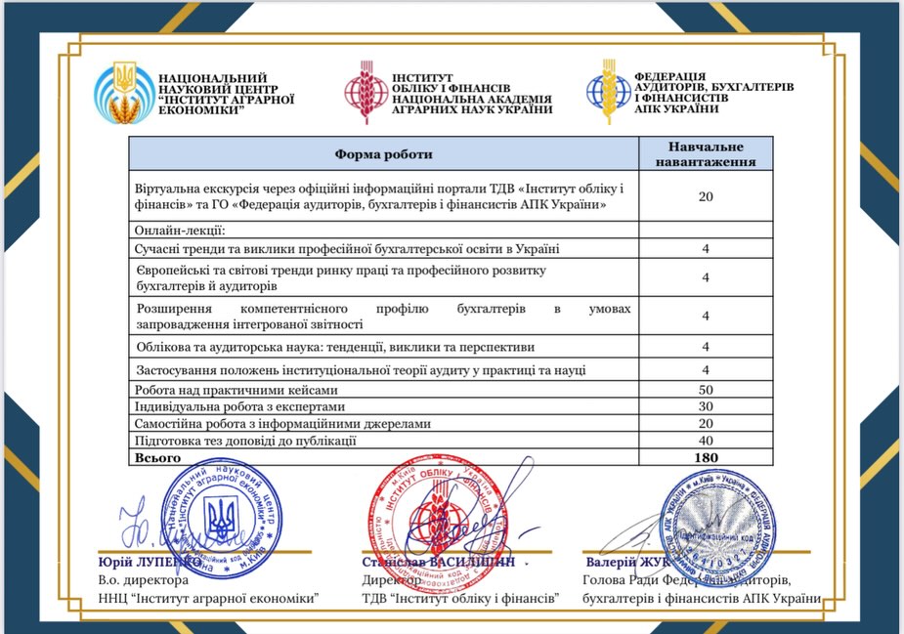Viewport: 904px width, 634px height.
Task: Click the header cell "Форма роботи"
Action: click(383, 154)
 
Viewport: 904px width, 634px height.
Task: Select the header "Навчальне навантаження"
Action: click(705, 153)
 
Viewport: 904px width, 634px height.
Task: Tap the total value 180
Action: click(705, 457)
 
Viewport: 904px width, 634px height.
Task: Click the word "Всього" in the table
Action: click(155, 457)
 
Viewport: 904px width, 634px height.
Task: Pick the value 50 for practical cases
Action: click(705, 390)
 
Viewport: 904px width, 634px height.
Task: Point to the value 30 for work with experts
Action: click(705, 406)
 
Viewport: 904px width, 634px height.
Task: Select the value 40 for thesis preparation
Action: click(705, 441)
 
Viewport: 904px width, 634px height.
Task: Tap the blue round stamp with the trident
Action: click(222, 517)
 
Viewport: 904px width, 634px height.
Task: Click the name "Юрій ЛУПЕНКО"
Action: click(151, 564)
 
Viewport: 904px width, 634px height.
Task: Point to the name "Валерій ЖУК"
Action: click(624, 564)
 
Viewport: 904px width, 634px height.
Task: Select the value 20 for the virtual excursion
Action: click(705, 196)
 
